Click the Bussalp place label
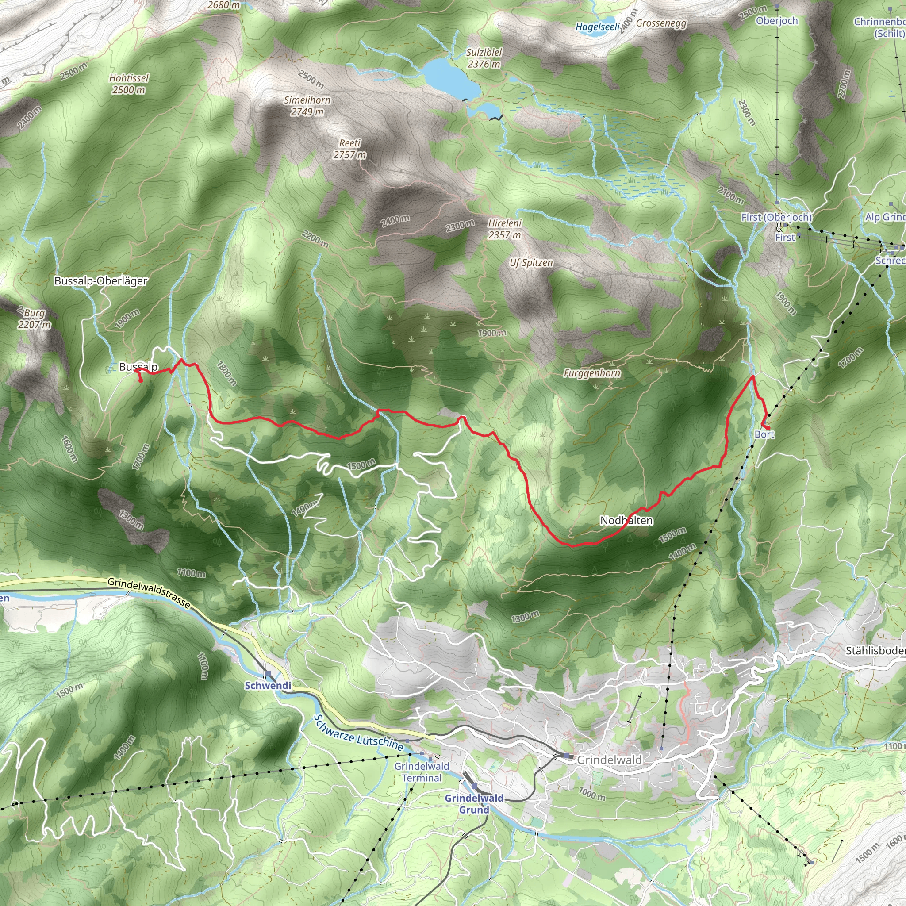138,367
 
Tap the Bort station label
764,434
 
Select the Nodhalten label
626,521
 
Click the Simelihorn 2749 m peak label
307,106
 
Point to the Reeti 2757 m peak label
350,149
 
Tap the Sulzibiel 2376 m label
484,58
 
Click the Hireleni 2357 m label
505,229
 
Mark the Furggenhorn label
592,373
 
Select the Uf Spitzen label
531,263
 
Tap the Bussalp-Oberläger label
101,281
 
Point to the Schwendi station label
268,686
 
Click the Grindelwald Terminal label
422,772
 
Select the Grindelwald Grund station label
474,804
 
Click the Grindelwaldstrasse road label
149,593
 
